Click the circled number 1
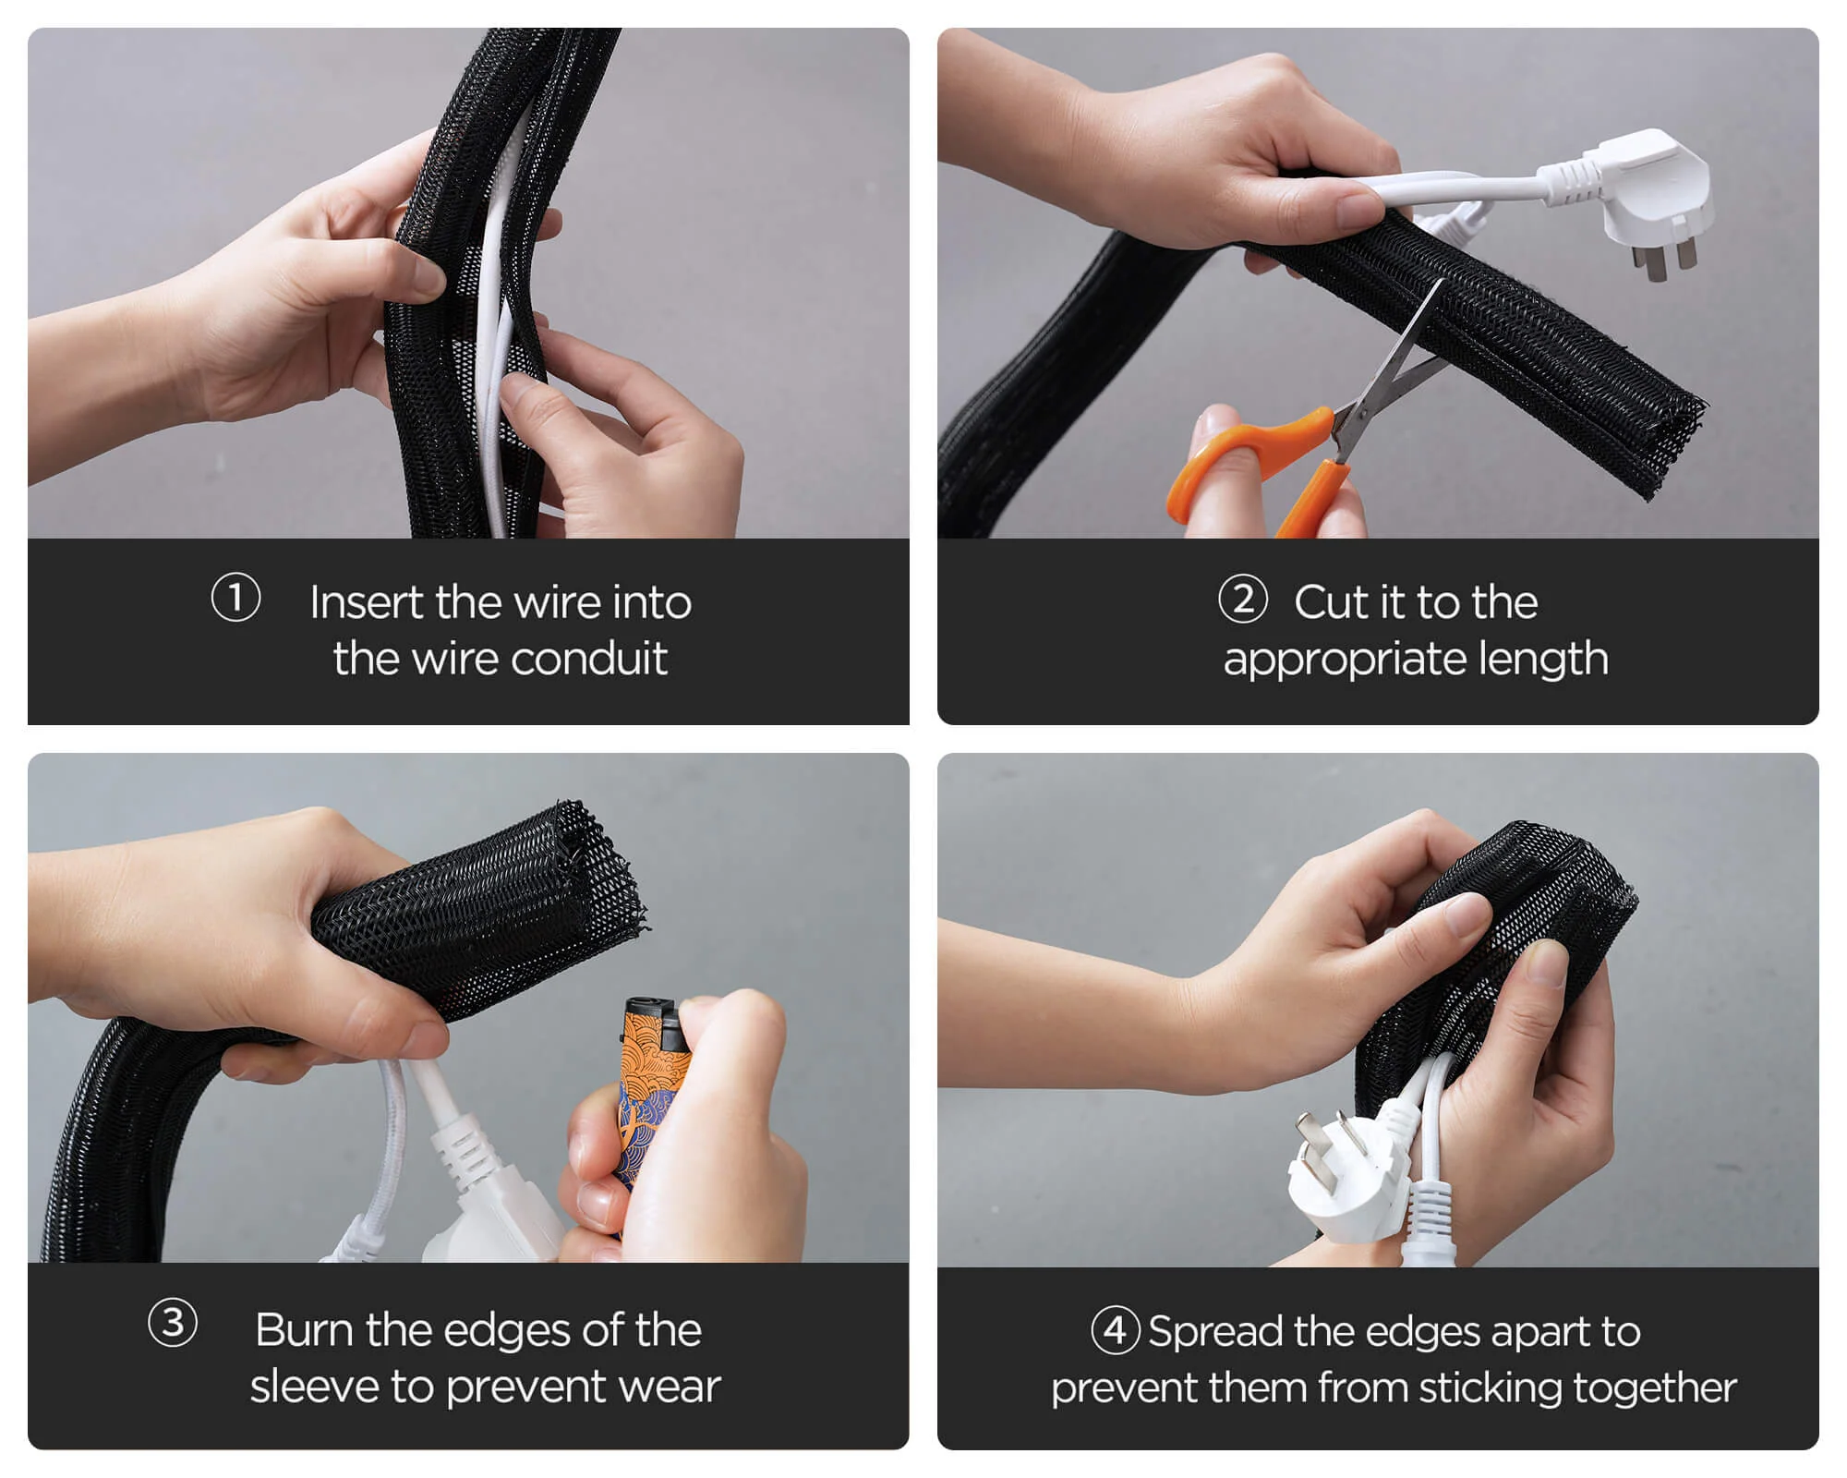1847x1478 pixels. click(235, 598)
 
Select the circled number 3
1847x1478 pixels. click(173, 1323)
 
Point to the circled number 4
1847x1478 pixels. click(1116, 1330)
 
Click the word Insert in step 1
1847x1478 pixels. click(368, 602)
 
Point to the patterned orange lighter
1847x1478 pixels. click(651, 1108)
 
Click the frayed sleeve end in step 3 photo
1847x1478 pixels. click(600, 873)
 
